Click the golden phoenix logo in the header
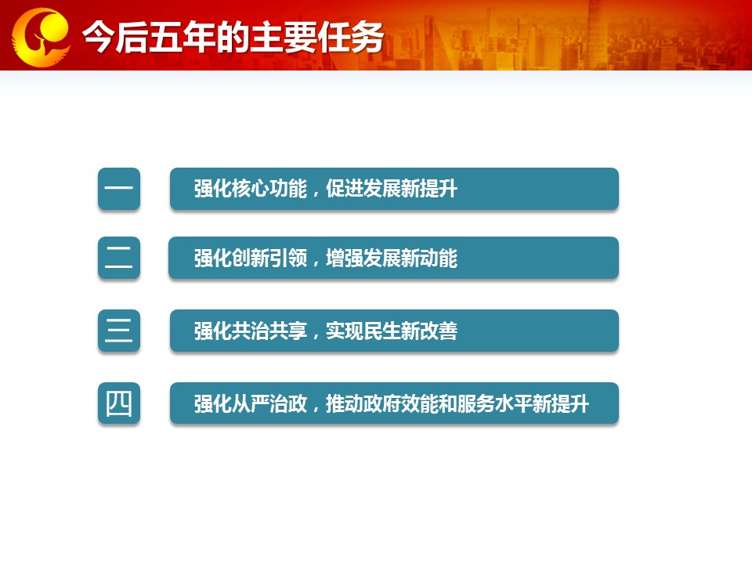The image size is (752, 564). coord(42,37)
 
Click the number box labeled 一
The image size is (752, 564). coord(119,189)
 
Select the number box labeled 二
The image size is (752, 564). coord(119,258)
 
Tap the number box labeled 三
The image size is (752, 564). coord(119,331)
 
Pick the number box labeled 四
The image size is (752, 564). coord(119,403)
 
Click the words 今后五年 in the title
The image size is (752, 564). coord(149,37)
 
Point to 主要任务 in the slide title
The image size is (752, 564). coord(316,37)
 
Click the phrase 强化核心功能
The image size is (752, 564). coord(251,189)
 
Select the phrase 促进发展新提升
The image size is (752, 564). coord(392,189)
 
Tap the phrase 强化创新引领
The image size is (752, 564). coord(251,258)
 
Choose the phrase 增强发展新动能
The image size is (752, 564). coord(392,258)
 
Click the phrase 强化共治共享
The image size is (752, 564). coord(251,331)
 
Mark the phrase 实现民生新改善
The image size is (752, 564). coord(392,331)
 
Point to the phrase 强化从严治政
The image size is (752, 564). coord(251,404)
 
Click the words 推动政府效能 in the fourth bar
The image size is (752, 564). coord(381,404)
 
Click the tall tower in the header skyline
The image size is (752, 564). coord(595,34)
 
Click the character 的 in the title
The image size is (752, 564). coord(233,37)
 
